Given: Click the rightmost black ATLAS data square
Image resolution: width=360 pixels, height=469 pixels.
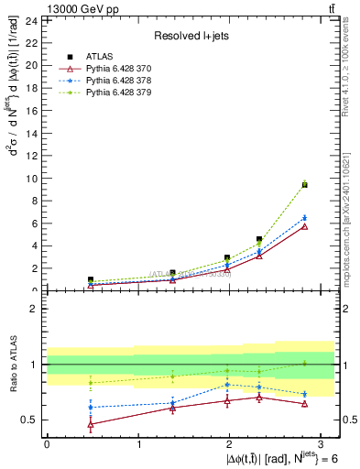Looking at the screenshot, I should pos(304,185).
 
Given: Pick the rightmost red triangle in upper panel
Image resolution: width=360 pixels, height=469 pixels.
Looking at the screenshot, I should pos(304,225).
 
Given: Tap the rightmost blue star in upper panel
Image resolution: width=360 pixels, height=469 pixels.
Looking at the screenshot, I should pos(304,218).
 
